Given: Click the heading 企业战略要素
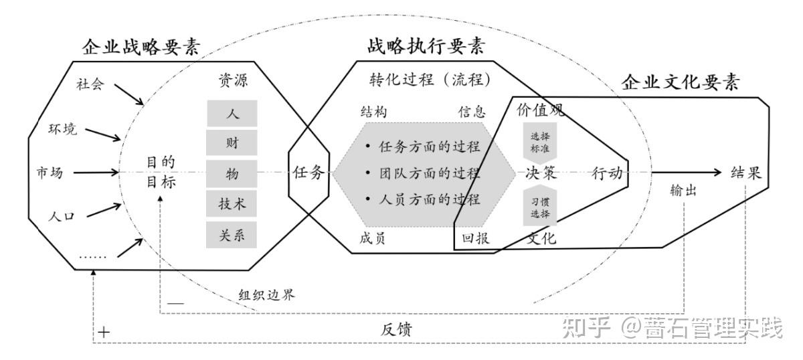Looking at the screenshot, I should point(141,48).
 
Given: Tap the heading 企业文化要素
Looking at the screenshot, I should point(681,82).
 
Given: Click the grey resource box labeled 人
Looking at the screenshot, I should point(232,114).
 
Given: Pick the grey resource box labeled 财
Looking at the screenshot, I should point(232,143).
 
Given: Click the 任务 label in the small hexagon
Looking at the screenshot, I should point(308,173).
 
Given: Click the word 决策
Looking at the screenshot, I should point(541,173).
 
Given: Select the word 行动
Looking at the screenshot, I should point(608,173).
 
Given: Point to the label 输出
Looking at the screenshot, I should point(683,191).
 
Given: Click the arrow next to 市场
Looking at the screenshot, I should point(94,173).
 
